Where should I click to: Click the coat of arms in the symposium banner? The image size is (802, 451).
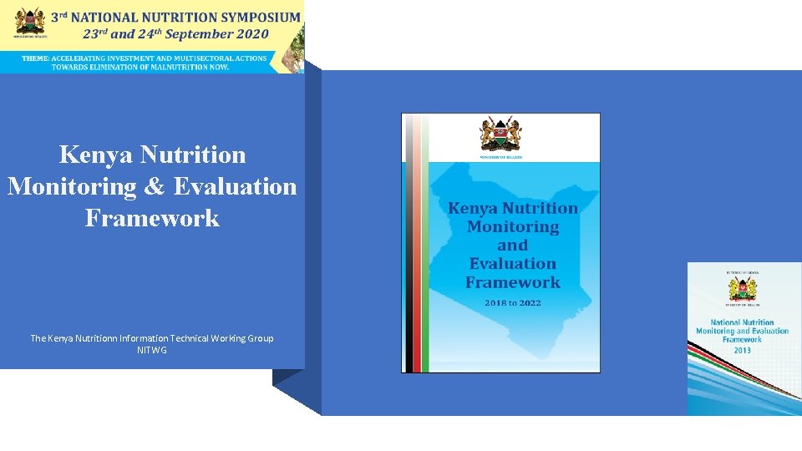30,21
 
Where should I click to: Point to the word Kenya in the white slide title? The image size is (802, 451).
97,155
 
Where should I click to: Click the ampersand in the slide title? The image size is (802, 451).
152,186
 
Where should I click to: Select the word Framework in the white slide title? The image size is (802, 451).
152,218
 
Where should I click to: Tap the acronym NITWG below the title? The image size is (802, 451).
152,350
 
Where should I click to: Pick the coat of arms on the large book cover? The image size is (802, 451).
500,134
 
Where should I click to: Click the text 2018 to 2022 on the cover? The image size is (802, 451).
512,302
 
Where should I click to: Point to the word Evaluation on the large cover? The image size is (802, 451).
512,264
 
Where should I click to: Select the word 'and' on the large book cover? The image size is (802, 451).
512,246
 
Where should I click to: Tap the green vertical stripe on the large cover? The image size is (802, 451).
424,251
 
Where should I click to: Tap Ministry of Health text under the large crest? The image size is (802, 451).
500,156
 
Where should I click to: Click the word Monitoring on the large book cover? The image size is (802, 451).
512,227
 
